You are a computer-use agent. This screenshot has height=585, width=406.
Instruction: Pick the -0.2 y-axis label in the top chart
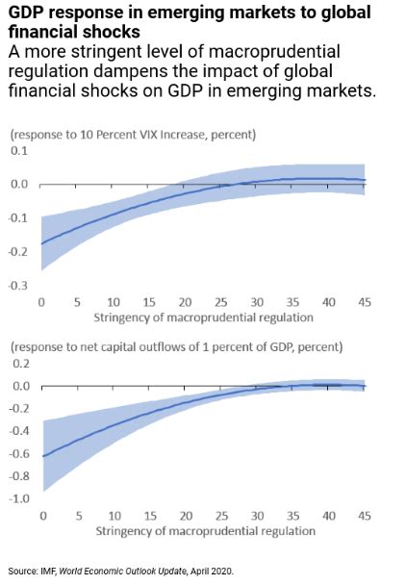(x=18, y=252)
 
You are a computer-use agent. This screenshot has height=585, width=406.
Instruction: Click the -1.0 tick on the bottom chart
(x=18, y=498)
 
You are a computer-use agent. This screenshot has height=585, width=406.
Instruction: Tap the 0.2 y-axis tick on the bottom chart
(x=20, y=365)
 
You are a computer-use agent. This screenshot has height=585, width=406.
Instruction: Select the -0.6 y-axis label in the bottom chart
(x=18, y=453)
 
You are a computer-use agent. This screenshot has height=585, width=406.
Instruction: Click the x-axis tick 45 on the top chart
(x=365, y=302)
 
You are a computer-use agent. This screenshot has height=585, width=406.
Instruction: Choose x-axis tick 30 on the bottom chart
(x=257, y=517)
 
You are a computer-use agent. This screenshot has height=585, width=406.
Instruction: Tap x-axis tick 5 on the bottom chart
(x=77, y=517)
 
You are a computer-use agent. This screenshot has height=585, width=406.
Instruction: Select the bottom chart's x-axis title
(x=204, y=531)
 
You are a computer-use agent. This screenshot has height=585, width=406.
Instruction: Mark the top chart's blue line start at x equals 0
(x=41, y=242)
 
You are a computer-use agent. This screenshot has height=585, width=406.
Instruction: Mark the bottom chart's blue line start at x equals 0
(x=41, y=456)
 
